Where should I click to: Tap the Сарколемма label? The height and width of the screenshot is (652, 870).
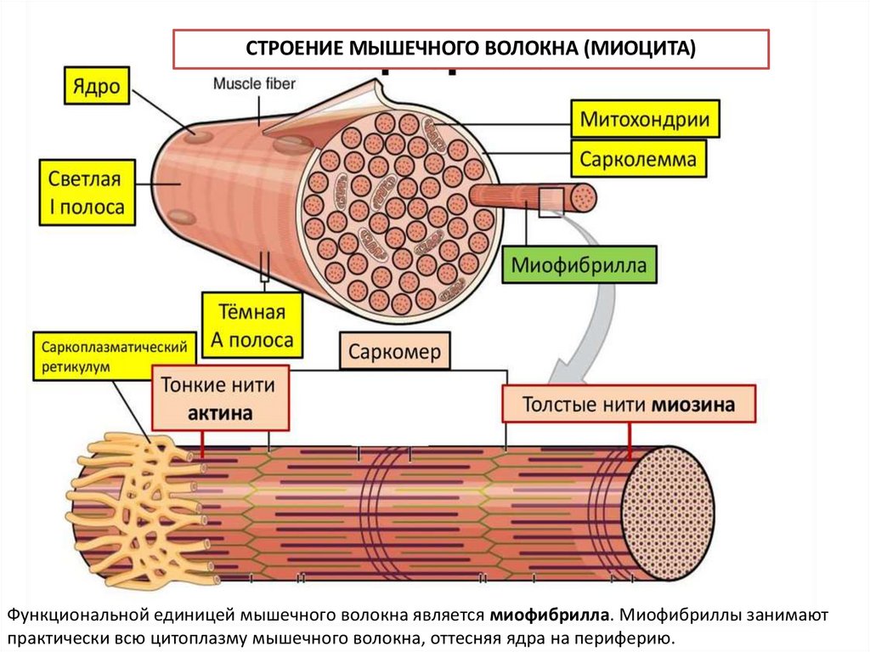point(639,158)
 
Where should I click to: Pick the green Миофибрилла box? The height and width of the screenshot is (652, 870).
point(579,266)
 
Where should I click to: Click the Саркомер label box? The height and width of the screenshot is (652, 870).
point(395,352)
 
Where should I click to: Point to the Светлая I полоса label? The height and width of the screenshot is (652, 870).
point(86,193)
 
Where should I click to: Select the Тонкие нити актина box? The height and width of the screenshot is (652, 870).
point(220,399)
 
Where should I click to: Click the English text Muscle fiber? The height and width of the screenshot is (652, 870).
point(254,84)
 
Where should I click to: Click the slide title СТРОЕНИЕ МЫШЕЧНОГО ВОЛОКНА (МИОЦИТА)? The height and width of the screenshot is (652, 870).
point(471,48)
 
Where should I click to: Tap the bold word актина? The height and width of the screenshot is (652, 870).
point(220,413)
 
